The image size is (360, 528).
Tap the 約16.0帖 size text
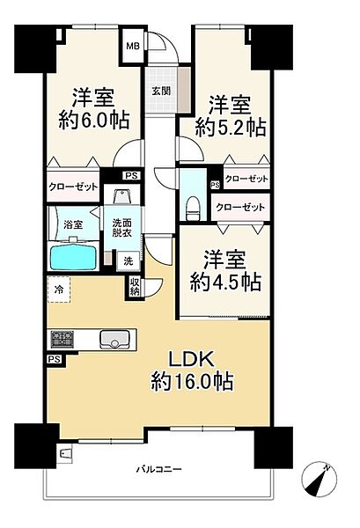195,383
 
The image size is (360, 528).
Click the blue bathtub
77,259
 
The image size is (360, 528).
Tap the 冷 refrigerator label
58,287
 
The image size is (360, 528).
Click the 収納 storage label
135,286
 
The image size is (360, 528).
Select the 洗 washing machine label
127,261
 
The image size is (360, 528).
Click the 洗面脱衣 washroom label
121,227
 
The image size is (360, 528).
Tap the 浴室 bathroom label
73,226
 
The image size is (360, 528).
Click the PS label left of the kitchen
54,359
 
